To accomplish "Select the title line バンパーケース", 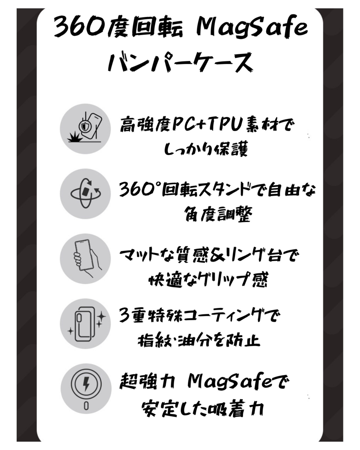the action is pyautogui.click(x=180, y=63).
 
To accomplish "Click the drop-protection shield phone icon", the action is pyautogui.click(x=85, y=129).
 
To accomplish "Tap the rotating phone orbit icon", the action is pyautogui.click(x=85, y=193).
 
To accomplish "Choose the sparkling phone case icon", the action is pyautogui.click(x=85, y=323).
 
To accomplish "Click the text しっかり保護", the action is pyautogui.click(x=206, y=149).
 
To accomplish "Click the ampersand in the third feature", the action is pyautogui.click(x=218, y=256).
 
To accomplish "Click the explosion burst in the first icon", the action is pyautogui.click(x=74, y=138).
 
